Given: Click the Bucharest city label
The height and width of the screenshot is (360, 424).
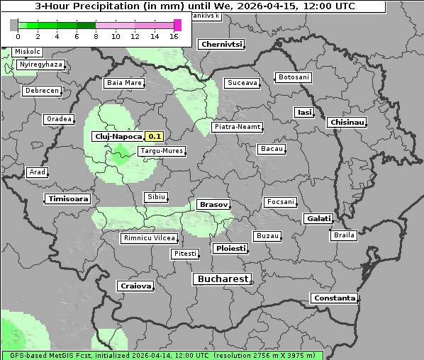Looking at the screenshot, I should coord(223,279).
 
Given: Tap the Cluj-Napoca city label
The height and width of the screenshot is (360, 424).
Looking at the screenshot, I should coord(118,136).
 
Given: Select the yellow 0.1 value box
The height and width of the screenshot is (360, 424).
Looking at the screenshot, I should coord(155,136).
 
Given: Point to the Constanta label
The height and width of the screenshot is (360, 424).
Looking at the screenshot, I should coord(335,298).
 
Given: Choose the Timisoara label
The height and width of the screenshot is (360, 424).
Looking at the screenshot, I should coord(69,199).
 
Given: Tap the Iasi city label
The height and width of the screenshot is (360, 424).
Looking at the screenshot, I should coord(304,112).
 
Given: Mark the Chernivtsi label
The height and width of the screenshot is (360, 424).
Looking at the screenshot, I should coord(222,44).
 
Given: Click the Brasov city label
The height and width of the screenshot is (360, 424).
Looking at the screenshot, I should coord(213,204).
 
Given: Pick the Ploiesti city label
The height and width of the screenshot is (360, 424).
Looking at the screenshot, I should coord(230,249).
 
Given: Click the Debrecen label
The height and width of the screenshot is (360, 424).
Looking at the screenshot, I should coord(41,91).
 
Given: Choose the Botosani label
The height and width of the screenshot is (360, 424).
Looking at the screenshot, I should coord(294,77).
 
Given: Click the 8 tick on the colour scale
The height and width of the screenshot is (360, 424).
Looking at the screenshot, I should coord(95,36).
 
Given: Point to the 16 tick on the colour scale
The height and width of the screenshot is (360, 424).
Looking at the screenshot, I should coord(174,36).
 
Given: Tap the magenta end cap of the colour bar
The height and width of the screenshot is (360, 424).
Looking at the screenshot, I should coord(177,26).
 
